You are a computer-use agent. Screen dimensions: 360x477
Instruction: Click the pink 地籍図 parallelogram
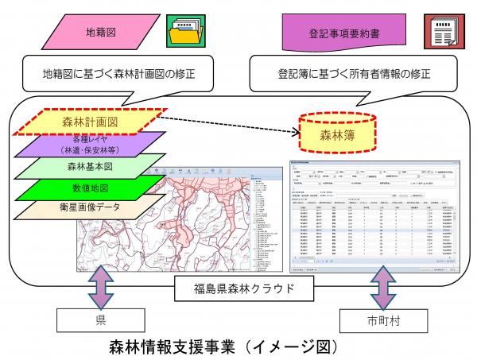tap(95, 35)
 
